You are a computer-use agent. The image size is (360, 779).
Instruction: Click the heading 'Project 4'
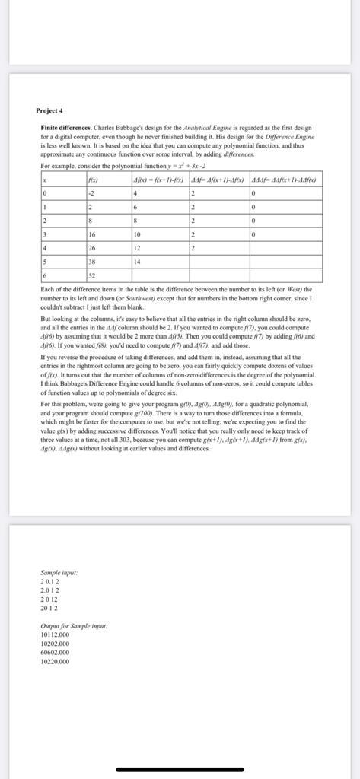[x=51, y=110]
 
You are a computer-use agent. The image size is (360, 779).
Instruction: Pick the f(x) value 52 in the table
[x=93, y=274]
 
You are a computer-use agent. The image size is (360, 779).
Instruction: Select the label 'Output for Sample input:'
[x=74, y=625]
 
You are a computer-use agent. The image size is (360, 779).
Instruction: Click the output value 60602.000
[x=56, y=652]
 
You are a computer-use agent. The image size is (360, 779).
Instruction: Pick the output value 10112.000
[x=56, y=634]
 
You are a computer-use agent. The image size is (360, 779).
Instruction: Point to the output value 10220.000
[x=56, y=661]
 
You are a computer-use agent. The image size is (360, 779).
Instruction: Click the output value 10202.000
[x=56, y=643]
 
